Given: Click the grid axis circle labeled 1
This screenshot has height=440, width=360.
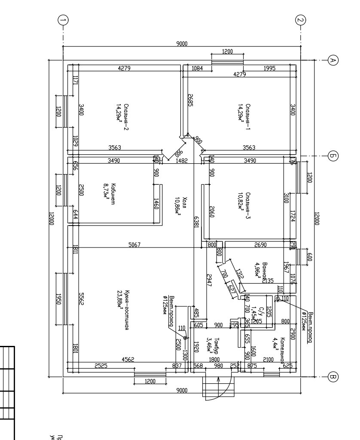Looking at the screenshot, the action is click(x=63, y=20).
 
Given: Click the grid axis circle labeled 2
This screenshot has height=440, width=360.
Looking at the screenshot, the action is click(x=300, y=20).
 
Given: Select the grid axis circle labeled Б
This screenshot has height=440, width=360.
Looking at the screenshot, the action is click(x=332, y=156).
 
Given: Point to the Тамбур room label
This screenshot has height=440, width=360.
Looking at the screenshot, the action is click(x=217, y=344).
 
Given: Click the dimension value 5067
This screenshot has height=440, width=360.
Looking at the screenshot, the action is click(x=134, y=245).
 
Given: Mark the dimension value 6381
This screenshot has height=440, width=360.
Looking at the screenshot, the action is click(x=196, y=222).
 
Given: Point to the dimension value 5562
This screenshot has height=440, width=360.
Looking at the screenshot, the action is click(x=81, y=298).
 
